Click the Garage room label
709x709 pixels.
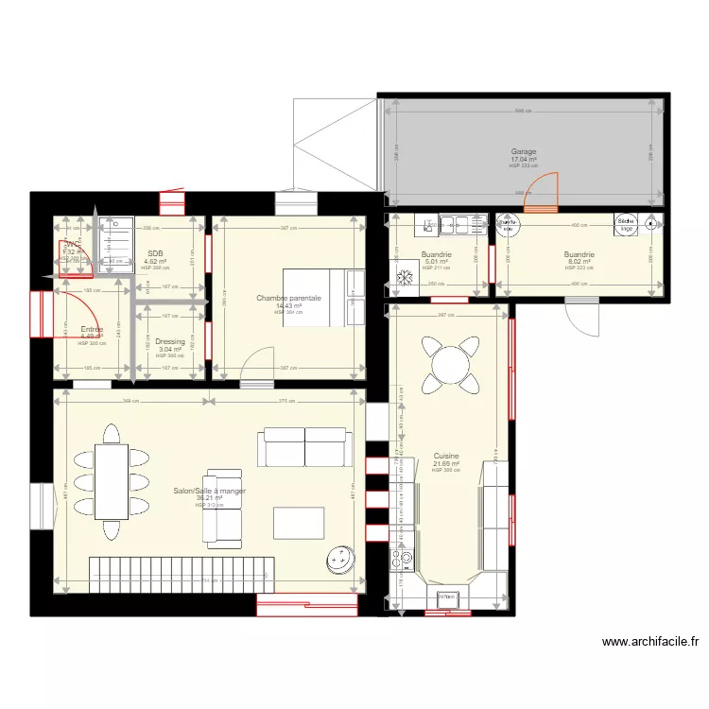(x=524, y=152)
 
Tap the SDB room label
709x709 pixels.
(x=155, y=254)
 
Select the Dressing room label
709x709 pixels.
(x=169, y=342)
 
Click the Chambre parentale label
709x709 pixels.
(x=288, y=299)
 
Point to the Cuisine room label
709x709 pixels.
(x=445, y=455)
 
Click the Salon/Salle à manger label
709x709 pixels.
(x=209, y=492)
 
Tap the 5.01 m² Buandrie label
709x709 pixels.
(x=436, y=254)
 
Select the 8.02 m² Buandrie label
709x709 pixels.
(x=579, y=254)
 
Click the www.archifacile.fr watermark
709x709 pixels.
(x=650, y=642)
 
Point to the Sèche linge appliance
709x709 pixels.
(x=625, y=224)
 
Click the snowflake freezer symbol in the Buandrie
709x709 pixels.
(x=405, y=278)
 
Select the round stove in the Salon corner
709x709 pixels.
(x=339, y=561)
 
